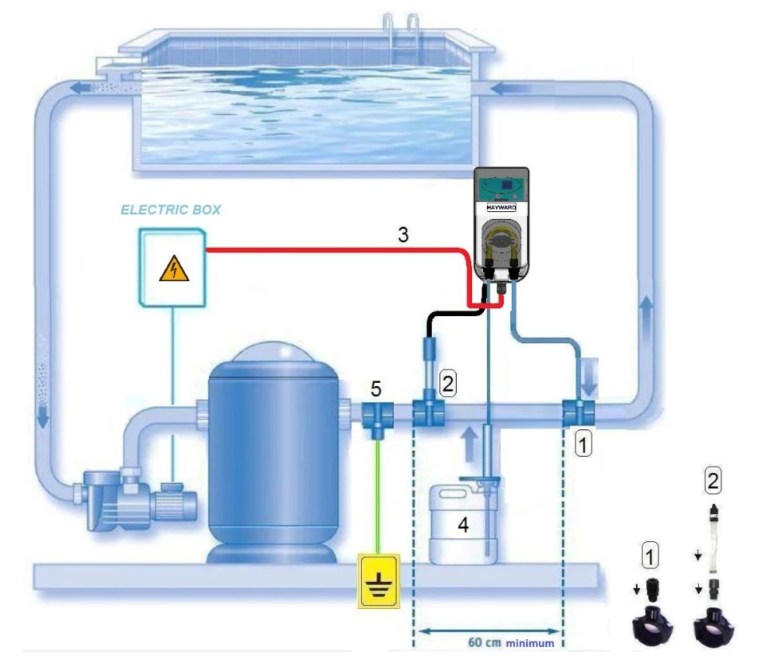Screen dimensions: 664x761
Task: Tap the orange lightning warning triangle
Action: coord(173,270)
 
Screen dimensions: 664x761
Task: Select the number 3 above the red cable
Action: coord(403,234)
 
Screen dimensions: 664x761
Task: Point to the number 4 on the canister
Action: coord(463,526)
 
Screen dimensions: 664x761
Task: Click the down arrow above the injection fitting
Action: coord(589,381)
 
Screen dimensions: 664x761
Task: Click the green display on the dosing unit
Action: coord(502,186)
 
